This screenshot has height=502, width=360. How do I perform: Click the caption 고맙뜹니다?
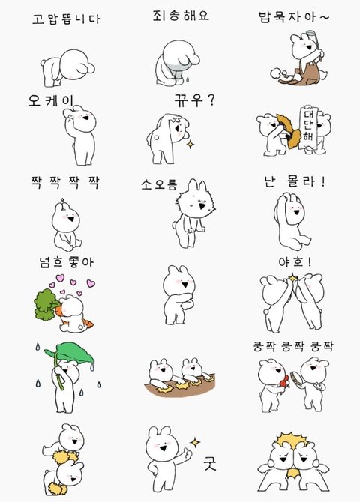click(x=66, y=19)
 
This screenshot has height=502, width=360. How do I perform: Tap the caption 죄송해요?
click(x=181, y=16)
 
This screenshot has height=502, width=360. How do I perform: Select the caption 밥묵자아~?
click(x=294, y=17)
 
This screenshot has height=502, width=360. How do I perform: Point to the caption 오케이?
click(x=51, y=100)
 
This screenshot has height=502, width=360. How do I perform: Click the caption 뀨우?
click(x=194, y=100)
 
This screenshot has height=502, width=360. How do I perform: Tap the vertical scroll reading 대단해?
click(x=308, y=126)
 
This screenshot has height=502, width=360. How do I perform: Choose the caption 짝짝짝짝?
click(x=65, y=182)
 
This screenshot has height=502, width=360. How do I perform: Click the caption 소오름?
click(x=159, y=184)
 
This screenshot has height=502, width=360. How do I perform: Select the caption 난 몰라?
click(x=295, y=181)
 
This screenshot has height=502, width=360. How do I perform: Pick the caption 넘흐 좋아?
click(x=66, y=262)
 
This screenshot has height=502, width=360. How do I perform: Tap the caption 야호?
click(x=295, y=262)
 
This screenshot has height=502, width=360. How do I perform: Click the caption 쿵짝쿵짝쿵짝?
click(x=293, y=346)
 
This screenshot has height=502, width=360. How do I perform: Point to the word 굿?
click(x=210, y=464)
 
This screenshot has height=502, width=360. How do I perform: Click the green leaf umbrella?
click(x=70, y=354)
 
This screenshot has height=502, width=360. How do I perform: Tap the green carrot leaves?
click(x=46, y=304)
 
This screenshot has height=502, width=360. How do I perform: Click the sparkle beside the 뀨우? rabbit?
click(x=190, y=145)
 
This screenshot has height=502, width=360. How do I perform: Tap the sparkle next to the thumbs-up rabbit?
click(x=194, y=443)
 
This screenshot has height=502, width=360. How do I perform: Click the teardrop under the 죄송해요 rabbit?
click(x=186, y=79)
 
